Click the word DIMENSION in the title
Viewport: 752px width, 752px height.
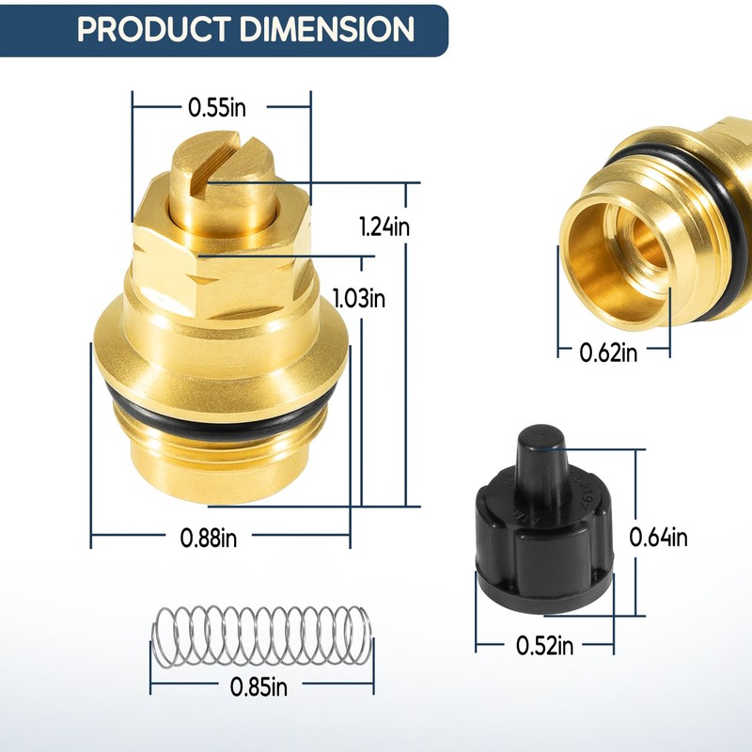coord(327,29)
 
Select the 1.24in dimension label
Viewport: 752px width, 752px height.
coord(384,227)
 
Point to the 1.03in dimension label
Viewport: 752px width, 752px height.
coord(359,299)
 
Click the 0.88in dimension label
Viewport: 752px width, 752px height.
coord(209,539)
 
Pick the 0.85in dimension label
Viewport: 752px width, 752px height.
coord(259,686)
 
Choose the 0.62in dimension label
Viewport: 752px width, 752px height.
coord(609,352)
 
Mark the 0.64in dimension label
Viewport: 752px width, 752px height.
coord(659,538)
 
